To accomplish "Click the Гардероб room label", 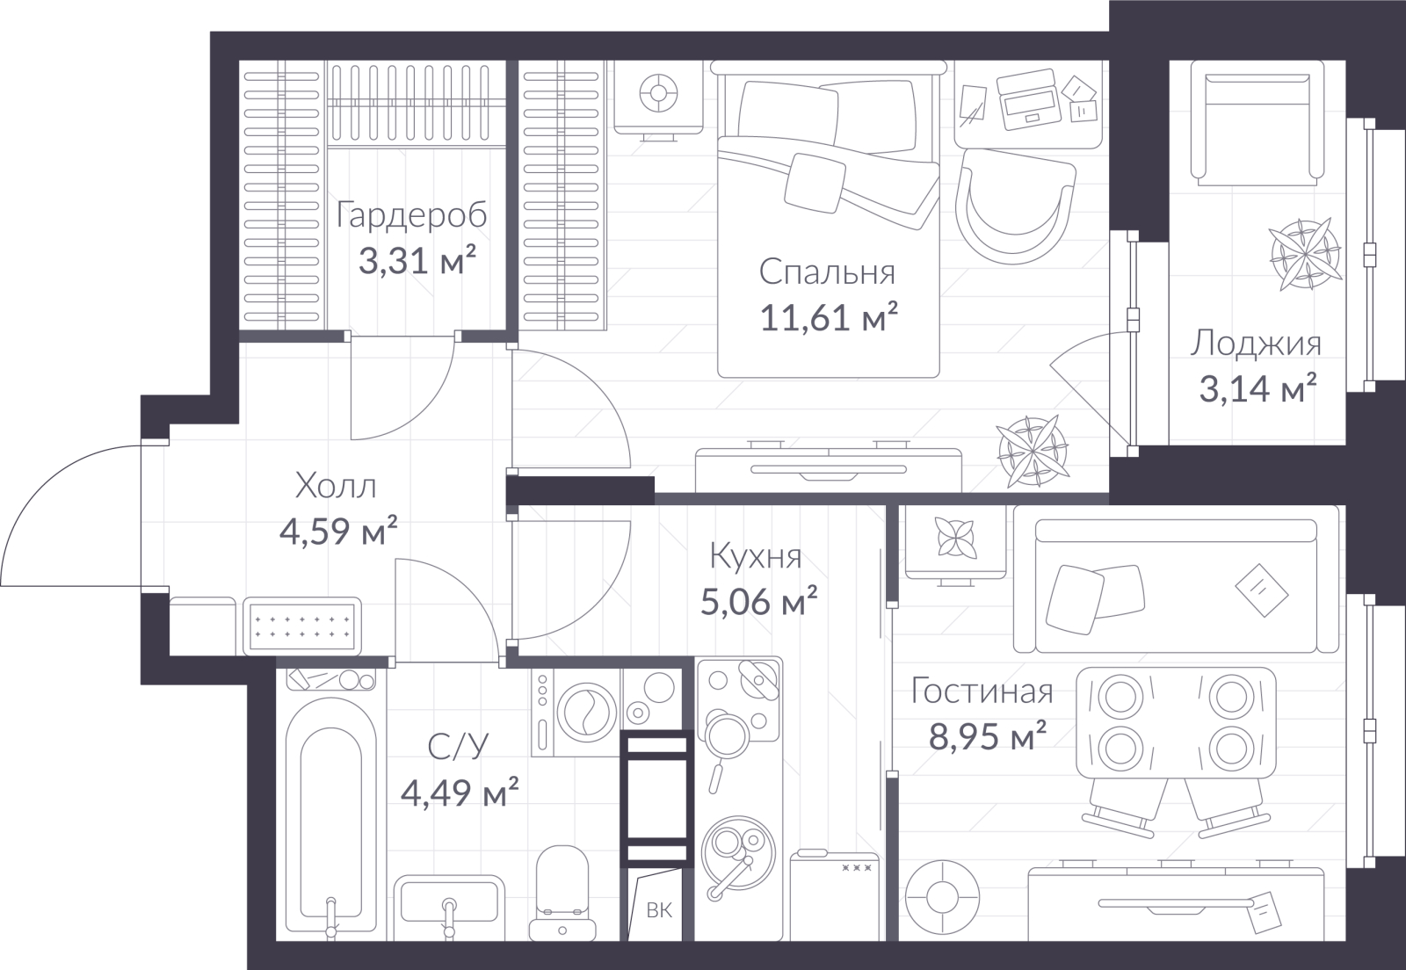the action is [412, 214].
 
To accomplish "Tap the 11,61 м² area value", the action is [829, 317].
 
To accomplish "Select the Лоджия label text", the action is [1256, 344].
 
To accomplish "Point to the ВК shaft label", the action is [659, 909].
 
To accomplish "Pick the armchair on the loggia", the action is [1257, 123].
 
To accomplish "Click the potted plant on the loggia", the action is [1306, 254].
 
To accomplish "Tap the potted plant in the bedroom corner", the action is [1033, 451].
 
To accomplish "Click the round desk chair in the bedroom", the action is [1015, 207].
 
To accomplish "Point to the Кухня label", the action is [756, 557].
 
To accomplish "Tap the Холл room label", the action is [336, 486].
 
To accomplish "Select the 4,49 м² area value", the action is [460, 792].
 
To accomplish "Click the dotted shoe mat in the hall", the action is [302, 626].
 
